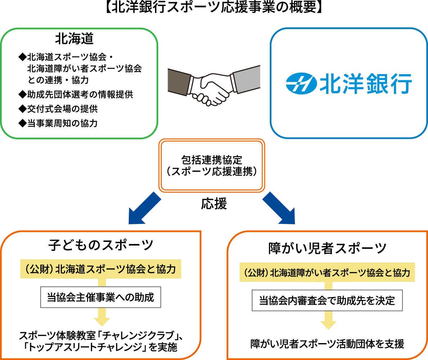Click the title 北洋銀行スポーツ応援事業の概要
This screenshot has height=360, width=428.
[x=214, y=7]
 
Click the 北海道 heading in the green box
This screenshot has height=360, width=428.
[x=74, y=39]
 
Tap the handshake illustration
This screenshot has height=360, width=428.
[x=214, y=85]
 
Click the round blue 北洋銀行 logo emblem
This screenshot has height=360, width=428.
[x=301, y=84]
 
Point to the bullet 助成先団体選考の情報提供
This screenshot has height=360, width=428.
[x=76, y=94]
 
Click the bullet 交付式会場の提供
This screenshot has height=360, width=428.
[x=58, y=109]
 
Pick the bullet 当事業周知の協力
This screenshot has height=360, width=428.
[x=58, y=123]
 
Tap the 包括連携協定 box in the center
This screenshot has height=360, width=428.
[x=212, y=166]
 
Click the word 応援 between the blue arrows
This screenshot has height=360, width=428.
[x=214, y=204]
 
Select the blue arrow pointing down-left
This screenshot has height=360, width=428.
[x=144, y=208]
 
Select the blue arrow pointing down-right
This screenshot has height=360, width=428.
[x=279, y=208]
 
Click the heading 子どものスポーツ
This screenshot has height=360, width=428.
[x=101, y=245]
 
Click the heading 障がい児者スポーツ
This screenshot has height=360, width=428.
[x=327, y=248]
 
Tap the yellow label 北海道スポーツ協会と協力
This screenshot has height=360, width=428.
[x=101, y=269]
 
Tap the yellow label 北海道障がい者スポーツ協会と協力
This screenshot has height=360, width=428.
[x=327, y=272]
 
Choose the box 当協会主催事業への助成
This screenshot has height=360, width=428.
[x=101, y=297]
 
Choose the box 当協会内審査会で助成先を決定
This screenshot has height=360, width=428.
[x=327, y=301]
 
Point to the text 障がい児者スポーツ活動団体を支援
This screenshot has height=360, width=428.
[x=327, y=344]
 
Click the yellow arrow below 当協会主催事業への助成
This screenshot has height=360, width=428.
[x=102, y=317]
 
